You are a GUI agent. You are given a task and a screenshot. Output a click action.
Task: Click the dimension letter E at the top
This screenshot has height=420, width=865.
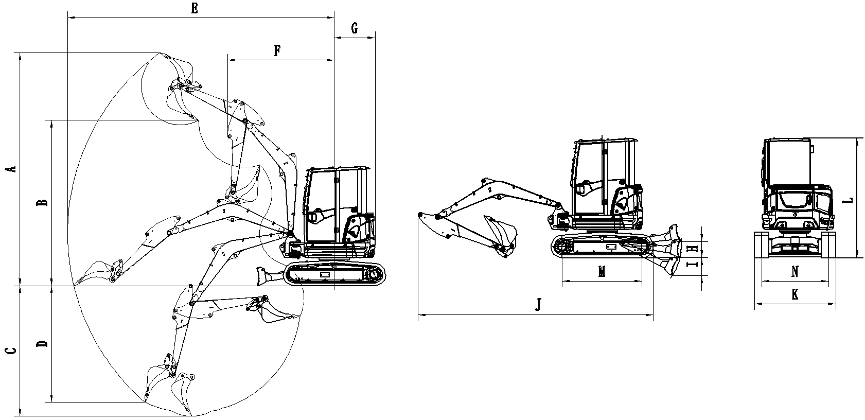(195, 9)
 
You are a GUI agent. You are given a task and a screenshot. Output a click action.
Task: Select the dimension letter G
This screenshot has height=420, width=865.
(355, 28)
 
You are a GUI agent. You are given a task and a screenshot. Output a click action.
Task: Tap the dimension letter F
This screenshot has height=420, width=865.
(277, 50)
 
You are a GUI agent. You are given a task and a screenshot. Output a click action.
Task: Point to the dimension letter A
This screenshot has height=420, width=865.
(14, 168)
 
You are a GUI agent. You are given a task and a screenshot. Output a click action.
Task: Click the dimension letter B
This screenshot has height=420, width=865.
(45, 201)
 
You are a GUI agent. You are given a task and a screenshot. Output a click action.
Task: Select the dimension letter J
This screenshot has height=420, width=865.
(538, 305)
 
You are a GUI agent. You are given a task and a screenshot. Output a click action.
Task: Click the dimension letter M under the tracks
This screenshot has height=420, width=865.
(602, 271)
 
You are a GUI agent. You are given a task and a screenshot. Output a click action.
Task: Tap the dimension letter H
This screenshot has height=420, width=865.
(694, 248)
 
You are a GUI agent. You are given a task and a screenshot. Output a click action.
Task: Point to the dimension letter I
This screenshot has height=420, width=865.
(694, 265)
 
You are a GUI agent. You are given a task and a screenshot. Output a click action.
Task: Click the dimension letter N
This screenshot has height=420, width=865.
(795, 271)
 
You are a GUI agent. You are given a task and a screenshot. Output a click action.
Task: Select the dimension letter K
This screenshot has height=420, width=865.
(795, 295)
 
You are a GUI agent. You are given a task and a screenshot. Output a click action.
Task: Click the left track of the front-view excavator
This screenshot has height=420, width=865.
(761, 246)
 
